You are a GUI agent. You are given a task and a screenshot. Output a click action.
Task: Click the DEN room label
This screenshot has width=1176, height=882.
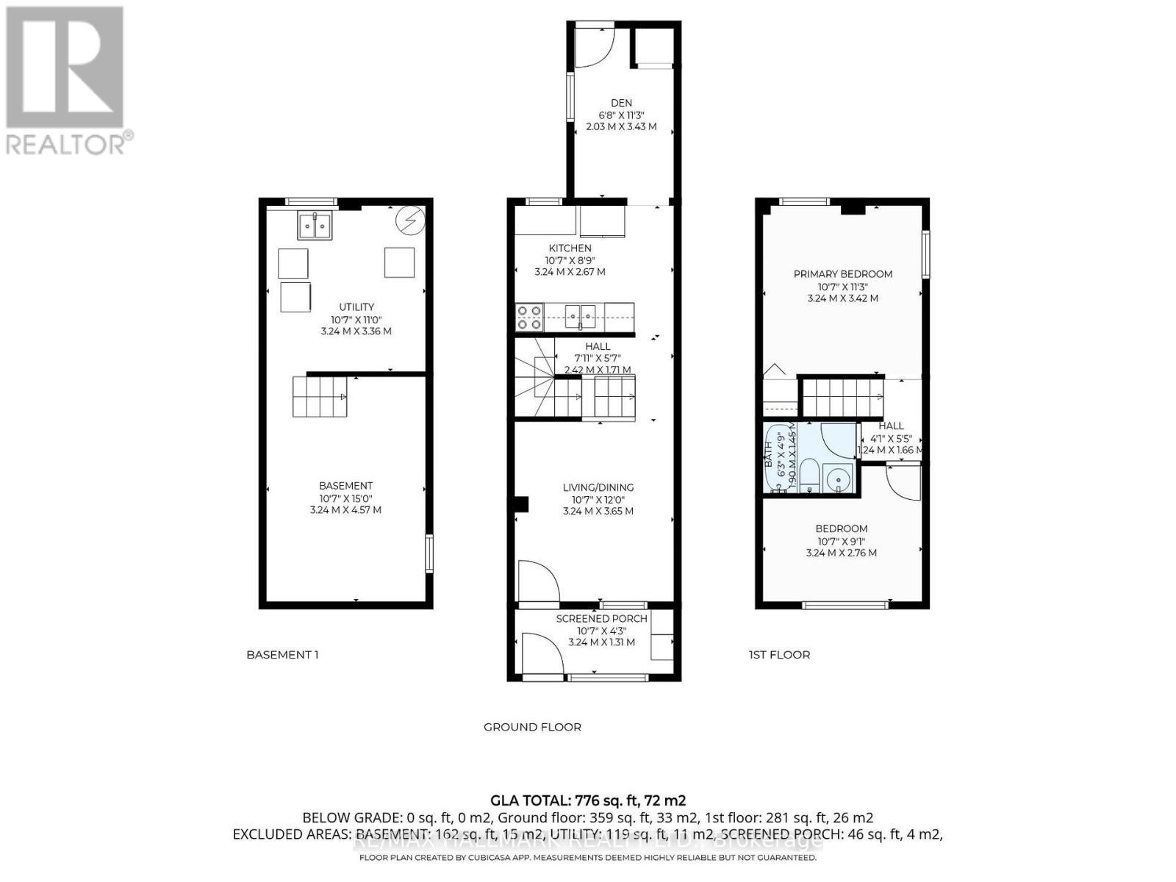(621, 103)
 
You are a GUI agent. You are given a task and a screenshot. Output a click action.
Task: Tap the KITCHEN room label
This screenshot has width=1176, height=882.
(570, 248)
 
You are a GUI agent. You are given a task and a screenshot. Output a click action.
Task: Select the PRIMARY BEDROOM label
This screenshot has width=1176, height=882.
(842, 274)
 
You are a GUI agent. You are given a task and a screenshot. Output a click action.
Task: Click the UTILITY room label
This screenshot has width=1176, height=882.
(356, 307)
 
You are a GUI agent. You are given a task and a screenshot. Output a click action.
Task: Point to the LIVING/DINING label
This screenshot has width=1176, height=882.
(598, 487)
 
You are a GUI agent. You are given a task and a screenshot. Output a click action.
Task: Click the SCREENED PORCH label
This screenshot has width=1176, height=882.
(601, 619)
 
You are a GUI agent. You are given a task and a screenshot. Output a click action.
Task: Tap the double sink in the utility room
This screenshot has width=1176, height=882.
(315, 226)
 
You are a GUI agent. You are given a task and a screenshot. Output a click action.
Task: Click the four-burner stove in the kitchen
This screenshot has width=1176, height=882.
(528, 317)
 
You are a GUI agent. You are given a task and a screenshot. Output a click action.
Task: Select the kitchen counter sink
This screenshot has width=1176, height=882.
(580, 317)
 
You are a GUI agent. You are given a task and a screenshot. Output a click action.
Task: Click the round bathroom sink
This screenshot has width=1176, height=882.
(837, 480)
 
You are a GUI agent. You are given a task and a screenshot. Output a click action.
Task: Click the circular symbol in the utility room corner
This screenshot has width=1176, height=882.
(409, 220)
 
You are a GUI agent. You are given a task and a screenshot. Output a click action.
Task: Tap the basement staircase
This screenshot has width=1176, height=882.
(320, 396)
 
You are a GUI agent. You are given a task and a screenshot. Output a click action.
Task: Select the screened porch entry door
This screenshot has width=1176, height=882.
(540, 654)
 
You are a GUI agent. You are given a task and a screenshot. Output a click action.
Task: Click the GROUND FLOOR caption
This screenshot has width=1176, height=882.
(532, 727)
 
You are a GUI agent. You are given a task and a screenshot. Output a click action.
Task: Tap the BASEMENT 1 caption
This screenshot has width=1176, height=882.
(282, 655)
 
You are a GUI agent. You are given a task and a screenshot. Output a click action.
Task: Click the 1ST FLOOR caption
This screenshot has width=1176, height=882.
(779, 655)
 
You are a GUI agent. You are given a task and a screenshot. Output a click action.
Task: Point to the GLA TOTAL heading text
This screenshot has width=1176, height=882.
(587, 800)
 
